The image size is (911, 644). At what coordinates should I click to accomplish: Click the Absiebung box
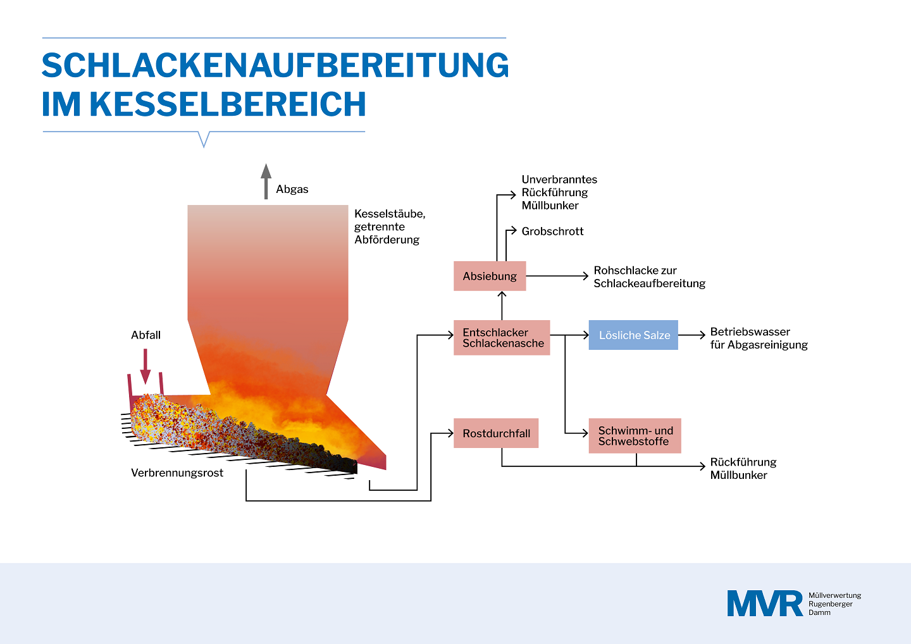(490, 276)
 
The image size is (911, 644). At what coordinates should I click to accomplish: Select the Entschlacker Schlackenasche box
(502, 337)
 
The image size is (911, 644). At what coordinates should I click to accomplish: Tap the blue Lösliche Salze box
(633, 335)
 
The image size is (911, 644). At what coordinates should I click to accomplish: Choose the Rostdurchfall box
(496, 433)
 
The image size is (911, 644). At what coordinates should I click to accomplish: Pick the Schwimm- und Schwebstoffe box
(635, 436)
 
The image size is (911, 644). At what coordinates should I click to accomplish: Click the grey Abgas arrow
(266, 182)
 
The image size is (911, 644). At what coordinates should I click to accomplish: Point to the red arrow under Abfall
(146, 366)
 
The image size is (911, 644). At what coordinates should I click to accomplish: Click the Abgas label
(292, 189)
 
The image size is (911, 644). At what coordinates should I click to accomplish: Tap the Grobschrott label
(552, 232)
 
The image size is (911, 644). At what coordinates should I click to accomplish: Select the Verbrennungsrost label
(177, 473)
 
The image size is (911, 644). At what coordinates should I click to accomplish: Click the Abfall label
(146, 335)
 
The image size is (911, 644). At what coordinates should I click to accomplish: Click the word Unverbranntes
(559, 179)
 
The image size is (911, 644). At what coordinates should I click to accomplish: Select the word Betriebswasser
(750, 331)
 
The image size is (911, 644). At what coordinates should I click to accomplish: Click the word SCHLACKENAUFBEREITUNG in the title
(275, 65)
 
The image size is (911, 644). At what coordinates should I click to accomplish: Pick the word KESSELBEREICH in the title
(228, 104)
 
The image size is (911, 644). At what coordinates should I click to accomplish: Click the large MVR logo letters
(765, 604)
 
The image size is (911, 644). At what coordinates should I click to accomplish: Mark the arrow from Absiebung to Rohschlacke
(557, 276)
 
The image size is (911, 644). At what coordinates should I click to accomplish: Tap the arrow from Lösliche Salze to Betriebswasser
(691, 335)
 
